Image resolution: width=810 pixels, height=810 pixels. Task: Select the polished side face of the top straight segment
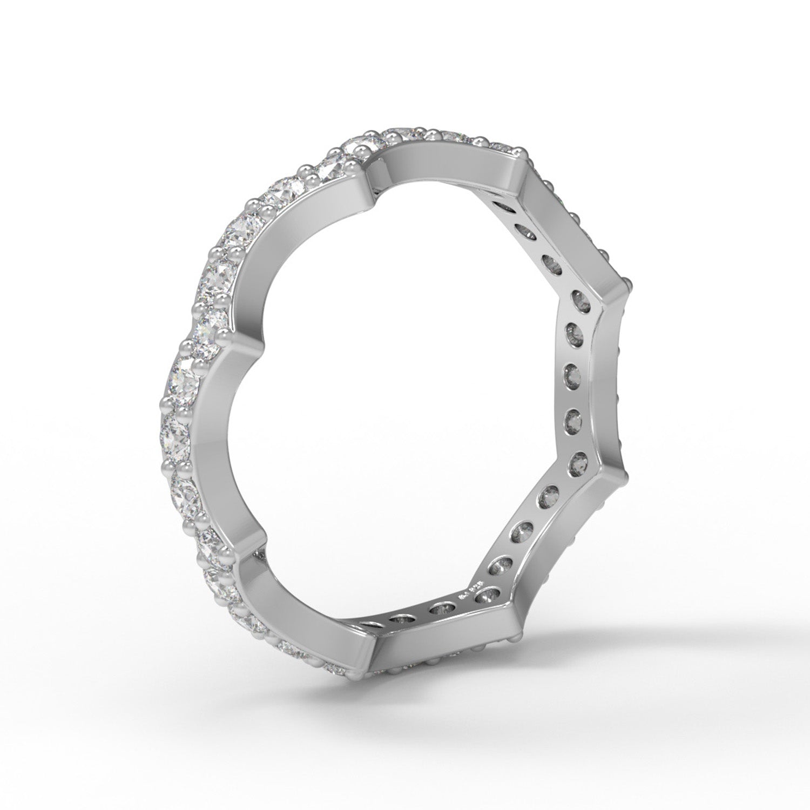tap(448, 162)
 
